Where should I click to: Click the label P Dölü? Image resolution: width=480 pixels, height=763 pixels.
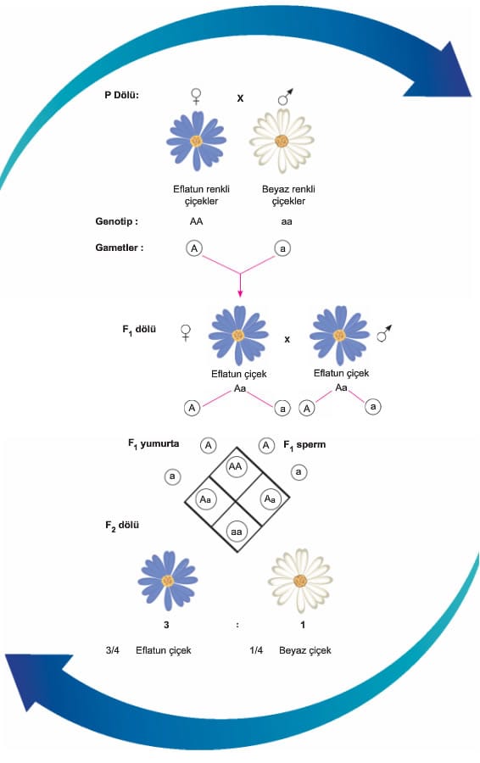click(122, 95)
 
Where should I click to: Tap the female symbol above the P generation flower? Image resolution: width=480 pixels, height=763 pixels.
click(196, 97)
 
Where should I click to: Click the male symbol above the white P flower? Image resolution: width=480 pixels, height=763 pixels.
click(285, 97)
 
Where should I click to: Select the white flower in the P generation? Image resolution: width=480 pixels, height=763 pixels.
click(282, 141)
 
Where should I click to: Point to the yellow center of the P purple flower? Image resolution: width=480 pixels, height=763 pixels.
click(196, 141)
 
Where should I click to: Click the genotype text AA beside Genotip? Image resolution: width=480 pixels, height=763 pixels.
click(196, 221)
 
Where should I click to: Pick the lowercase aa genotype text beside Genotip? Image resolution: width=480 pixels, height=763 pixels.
click(287, 222)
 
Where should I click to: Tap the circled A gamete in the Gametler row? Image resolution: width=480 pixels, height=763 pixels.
click(194, 248)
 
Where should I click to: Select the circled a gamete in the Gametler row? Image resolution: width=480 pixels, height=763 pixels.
click(282, 248)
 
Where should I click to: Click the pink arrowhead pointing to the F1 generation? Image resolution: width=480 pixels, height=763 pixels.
click(240, 293)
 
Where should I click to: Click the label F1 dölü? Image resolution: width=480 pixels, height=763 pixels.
click(139, 330)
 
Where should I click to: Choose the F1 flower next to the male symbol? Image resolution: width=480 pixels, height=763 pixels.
click(339, 336)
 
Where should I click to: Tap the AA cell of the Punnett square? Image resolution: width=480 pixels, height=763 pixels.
click(236, 466)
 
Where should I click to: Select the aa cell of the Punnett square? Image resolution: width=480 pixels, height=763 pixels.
click(236, 532)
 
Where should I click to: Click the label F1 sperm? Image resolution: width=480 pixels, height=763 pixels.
click(304, 445)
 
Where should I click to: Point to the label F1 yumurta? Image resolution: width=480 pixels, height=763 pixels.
click(153, 443)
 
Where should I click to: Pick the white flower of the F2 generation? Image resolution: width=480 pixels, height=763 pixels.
click(300, 581)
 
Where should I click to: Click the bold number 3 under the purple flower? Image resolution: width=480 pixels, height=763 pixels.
click(166, 624)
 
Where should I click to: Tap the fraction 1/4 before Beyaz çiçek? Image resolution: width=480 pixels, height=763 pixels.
click(256, 650)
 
